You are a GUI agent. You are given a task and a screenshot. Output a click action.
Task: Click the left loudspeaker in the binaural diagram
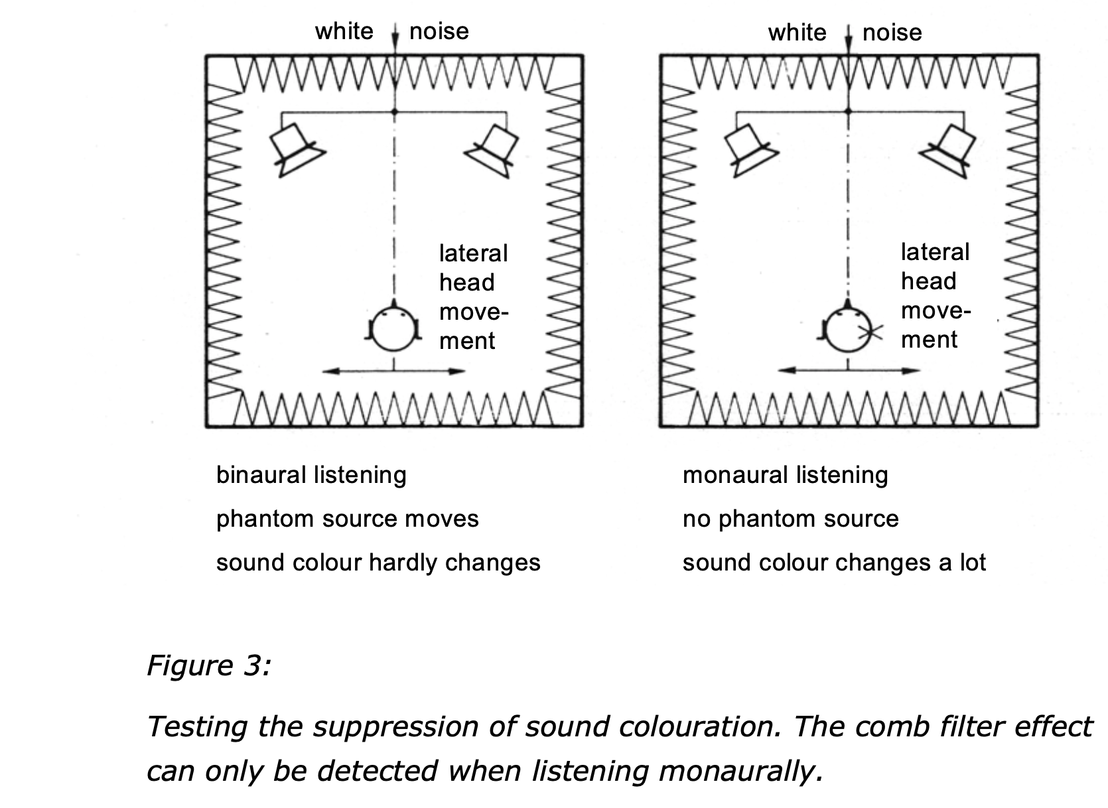(296, 149)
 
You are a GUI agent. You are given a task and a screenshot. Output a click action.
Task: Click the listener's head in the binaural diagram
(393, 327)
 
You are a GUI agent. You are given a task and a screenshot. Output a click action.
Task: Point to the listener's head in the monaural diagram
(847, 328)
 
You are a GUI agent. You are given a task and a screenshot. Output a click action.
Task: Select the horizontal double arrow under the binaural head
(393, 371)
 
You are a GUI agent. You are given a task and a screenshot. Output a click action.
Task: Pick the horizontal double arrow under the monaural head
(847, 371)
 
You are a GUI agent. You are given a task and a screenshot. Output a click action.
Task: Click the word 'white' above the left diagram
(344, 31)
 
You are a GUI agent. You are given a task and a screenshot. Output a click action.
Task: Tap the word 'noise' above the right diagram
(892, 33)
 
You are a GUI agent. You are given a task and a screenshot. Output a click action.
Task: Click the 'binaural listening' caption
(311, 475)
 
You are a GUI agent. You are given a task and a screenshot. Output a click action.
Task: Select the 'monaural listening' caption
(785, 475)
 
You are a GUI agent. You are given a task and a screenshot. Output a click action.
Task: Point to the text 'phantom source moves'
(347, 519)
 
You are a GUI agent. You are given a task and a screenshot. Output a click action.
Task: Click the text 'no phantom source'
(790, 519)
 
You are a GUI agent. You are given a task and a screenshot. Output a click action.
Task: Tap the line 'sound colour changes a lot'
(834, 563)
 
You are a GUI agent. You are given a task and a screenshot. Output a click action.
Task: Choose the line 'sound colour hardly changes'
(378, 563)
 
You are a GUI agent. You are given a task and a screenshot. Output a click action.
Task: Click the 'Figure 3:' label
(208, 665)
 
